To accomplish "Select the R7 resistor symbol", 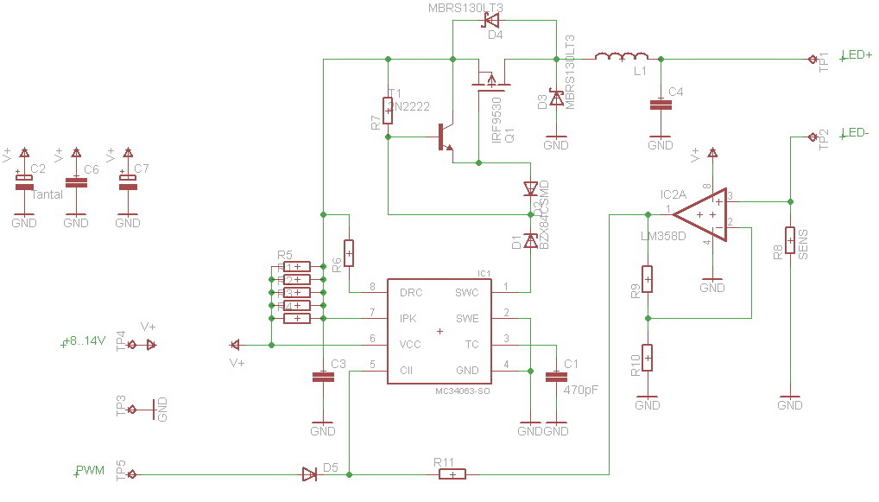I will (388, 110).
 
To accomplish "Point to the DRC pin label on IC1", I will (411, 293).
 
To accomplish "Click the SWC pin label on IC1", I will (467, 293).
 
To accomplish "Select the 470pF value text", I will (580, 390).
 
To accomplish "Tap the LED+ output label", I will (857, 54).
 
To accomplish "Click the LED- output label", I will (856, 132).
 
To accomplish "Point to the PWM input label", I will (90, 471).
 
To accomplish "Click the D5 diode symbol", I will (309, 473).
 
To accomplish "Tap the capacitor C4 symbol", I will (661, 105).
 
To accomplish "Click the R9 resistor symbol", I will (647, 278).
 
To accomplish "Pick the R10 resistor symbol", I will (647, 357).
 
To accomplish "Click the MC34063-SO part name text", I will (464, 391).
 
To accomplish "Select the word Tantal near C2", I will (47, 194).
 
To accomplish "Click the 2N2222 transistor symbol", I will (444, 137).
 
